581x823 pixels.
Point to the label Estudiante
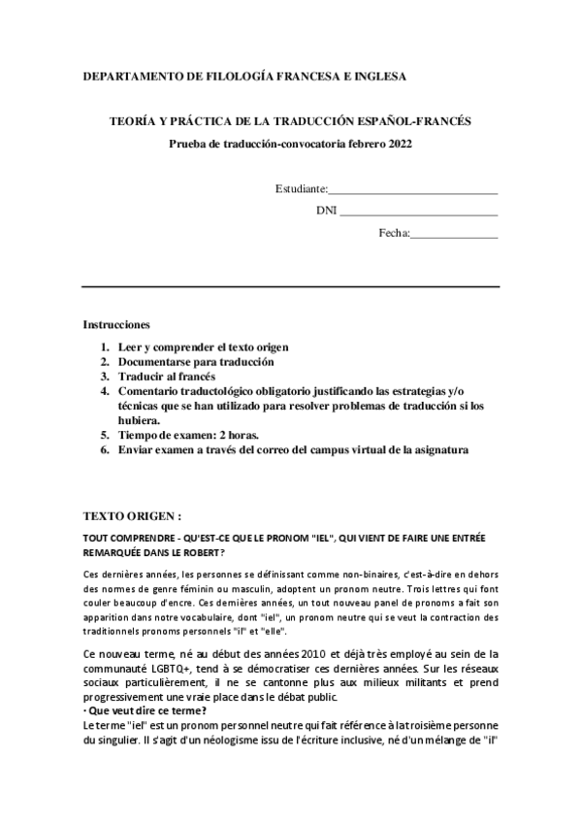pos(301,188)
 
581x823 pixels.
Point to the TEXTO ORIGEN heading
pos(132,514)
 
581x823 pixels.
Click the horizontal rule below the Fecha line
pos(291,286)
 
